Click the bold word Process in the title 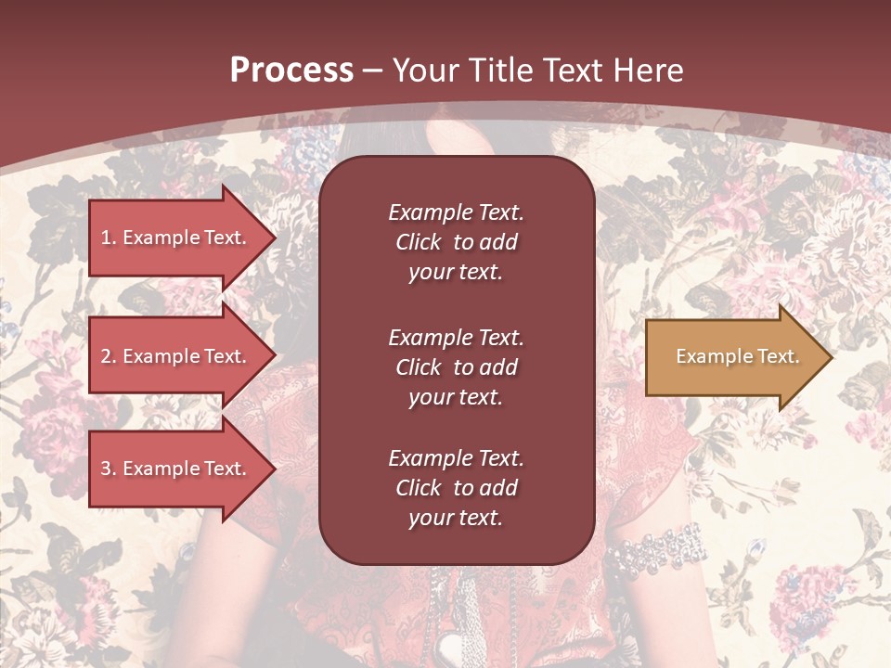291,71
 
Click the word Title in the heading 497,71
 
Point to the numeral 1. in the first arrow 108,238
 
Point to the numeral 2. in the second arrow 108,356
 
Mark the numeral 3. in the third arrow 108,469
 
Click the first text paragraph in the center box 456,242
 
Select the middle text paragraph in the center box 456,367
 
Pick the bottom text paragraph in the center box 456,488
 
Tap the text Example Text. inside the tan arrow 737,356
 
